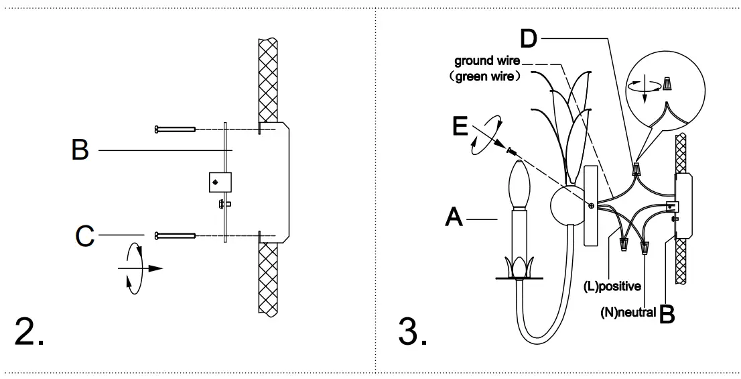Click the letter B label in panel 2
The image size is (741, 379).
(80, 150)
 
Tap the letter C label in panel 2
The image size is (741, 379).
(84, 235)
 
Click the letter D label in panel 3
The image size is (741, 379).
(529, 38)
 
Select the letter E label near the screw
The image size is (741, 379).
(460, 126)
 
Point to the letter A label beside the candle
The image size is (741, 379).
(454, 217)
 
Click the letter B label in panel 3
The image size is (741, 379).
(667, 314)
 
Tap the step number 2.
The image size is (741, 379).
(29, 331)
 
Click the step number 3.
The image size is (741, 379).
(413, 331)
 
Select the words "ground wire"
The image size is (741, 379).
(487, 61)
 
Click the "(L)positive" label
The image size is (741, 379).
(612, 286)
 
